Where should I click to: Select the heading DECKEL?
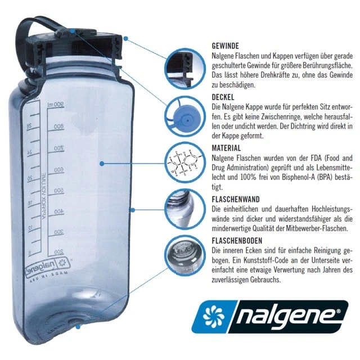pos(223,97)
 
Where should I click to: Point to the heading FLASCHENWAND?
pos(237,199)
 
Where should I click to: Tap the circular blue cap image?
pos(184,116)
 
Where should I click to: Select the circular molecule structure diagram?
pos(184,164)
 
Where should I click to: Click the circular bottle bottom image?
pos(184,254)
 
